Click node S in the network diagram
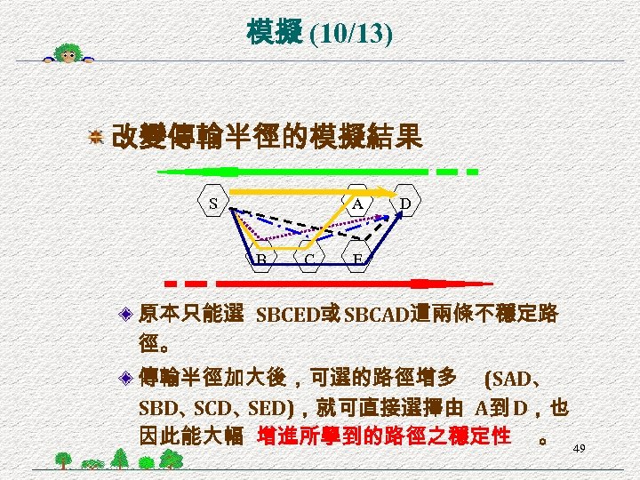[x=213, y=203]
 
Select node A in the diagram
[x=357, y=203]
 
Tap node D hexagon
[x=405, y=203]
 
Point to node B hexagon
[x=262, y=259]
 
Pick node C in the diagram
[x=308, y=259]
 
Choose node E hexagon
[x=357, y=259]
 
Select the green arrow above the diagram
[x=293, y=171]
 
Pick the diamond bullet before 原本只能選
[x=129, y=314]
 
